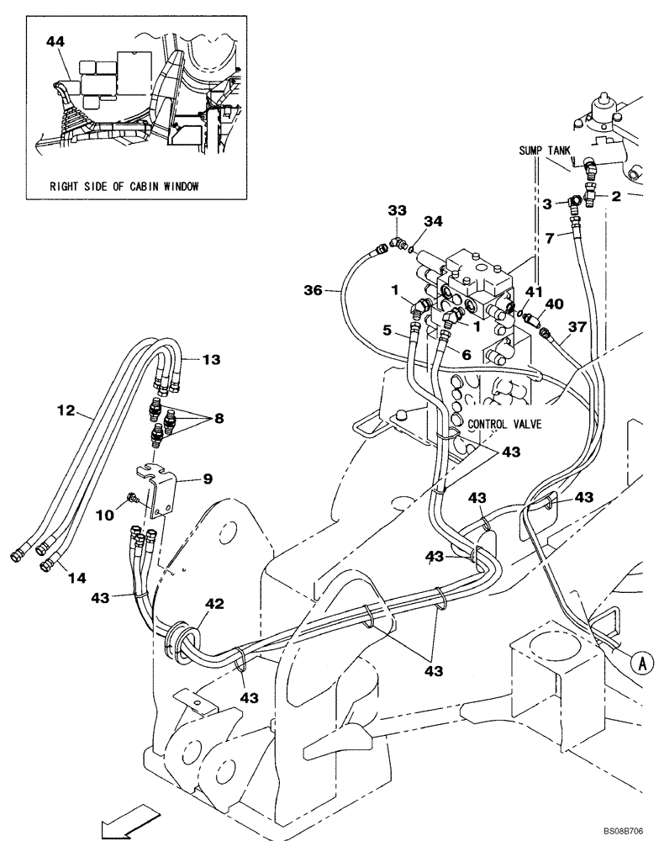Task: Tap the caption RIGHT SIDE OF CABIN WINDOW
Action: (x=124, y=187)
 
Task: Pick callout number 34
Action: (x=432, y=222)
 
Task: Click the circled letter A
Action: (x=641, y=663)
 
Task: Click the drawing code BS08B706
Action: (x=626, y=830)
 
